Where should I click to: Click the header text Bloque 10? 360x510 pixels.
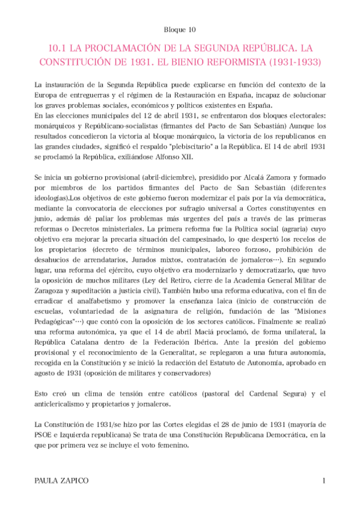[x=180, y=28]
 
